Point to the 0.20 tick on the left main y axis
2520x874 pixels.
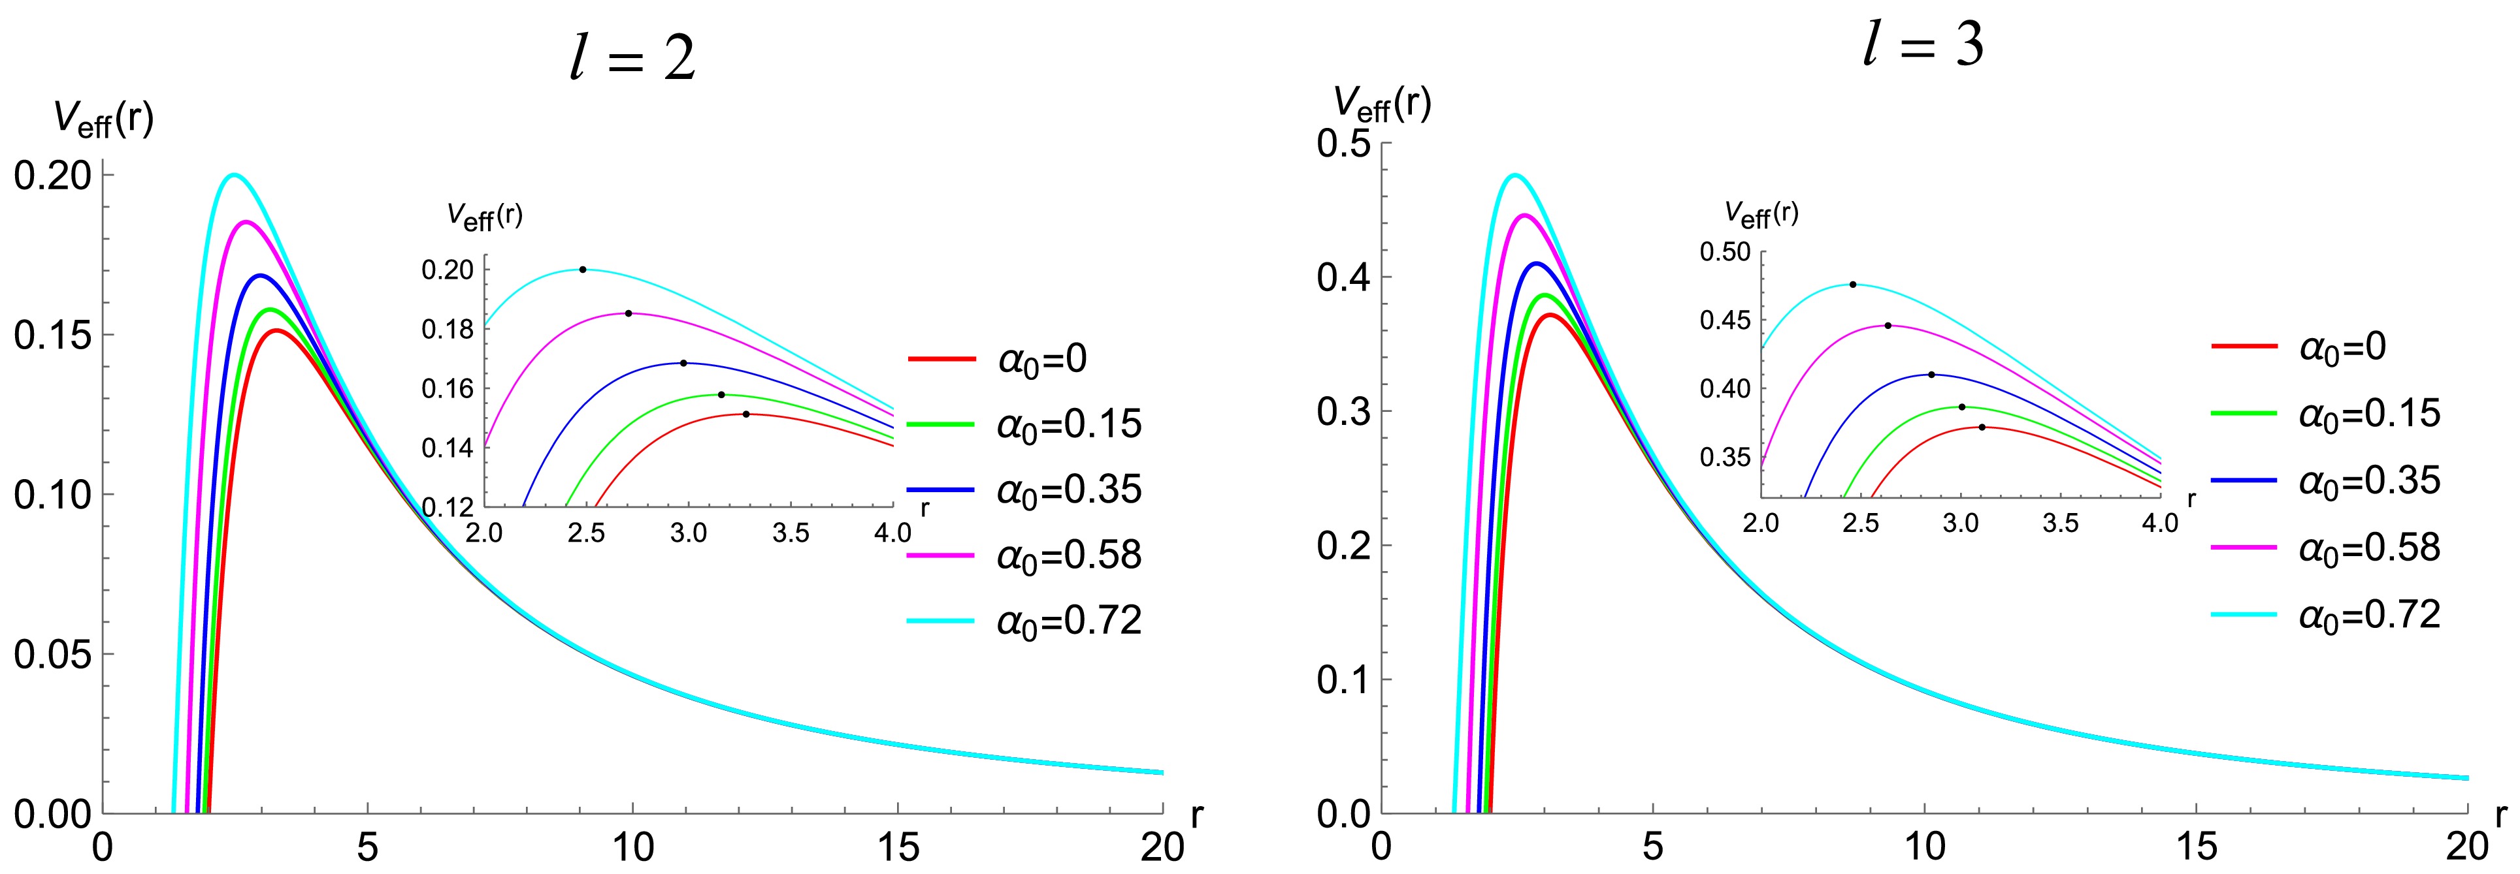click(x=53, y=176)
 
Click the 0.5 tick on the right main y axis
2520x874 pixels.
click(x=1344, y=144)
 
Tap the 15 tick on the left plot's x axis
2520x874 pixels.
click(x=898, y=847)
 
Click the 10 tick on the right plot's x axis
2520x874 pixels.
click(x=1924, y=847)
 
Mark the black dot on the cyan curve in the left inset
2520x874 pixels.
click(x=583, y=270)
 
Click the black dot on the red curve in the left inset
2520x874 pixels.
click(x=745, y=414)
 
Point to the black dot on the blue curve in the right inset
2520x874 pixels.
click(x=1931, y=375)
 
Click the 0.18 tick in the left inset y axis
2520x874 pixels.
click(x=447, y=330)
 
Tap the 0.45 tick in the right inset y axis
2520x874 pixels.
click(x=1725, y=320)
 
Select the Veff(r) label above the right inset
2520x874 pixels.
click(x=1761, y=214)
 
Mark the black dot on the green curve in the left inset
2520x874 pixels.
click(x=721, y=395)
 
